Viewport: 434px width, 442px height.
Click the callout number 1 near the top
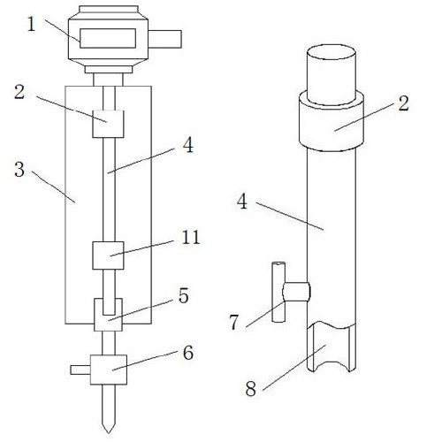(31, 24)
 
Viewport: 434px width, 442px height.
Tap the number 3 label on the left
(19, 170)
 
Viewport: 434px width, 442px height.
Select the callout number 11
(191, 237)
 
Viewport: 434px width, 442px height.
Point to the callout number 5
(183, 296)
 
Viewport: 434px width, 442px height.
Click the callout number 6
(188, 353)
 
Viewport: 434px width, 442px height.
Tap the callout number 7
(233, 323)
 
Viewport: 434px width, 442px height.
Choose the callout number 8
(251, 389)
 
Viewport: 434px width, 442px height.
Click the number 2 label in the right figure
(404, 103)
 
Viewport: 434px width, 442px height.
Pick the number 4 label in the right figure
(242, 202)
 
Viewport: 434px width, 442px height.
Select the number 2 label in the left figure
(19, 92)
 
